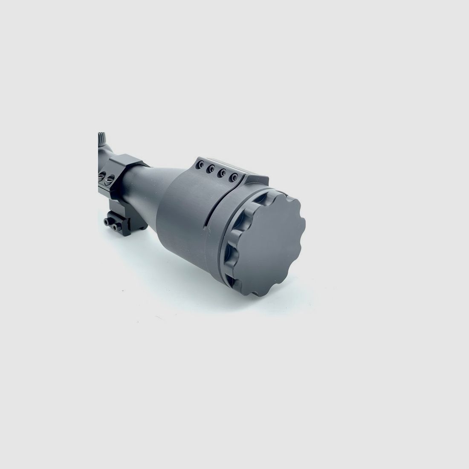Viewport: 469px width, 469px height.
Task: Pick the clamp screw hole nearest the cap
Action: pyautogui.click(x=233, y=177)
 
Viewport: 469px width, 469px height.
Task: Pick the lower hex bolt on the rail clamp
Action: pyautogui.click(x=105, y=222)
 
